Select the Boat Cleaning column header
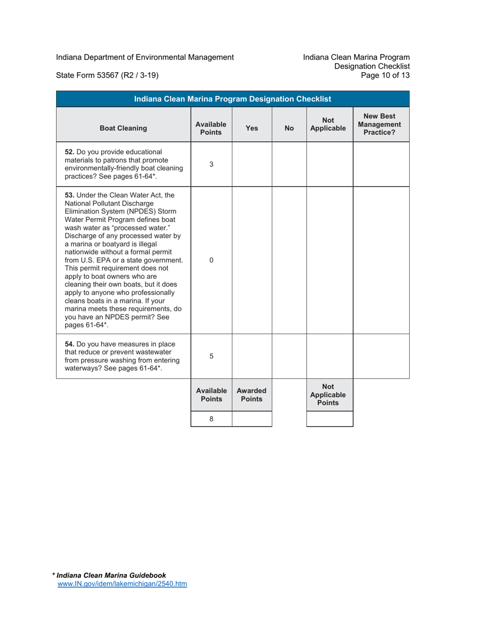click(123, 128)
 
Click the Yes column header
click(252, 128)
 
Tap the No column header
click(290, 128)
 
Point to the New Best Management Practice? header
click(381, 124)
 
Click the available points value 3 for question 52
click(211, 164)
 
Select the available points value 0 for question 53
click(211, 260)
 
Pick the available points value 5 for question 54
click(211, 356)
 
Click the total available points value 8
click(211, 419)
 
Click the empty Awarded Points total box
click(252, 419)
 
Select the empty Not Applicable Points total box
click(329, 419)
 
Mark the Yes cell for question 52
click(252, 164)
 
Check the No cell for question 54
click(290, 356)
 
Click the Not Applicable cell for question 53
click(329, 260)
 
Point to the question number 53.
click(70, 195)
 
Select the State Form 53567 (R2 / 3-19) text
click(108, 76)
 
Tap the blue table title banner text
click(232, 98)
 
